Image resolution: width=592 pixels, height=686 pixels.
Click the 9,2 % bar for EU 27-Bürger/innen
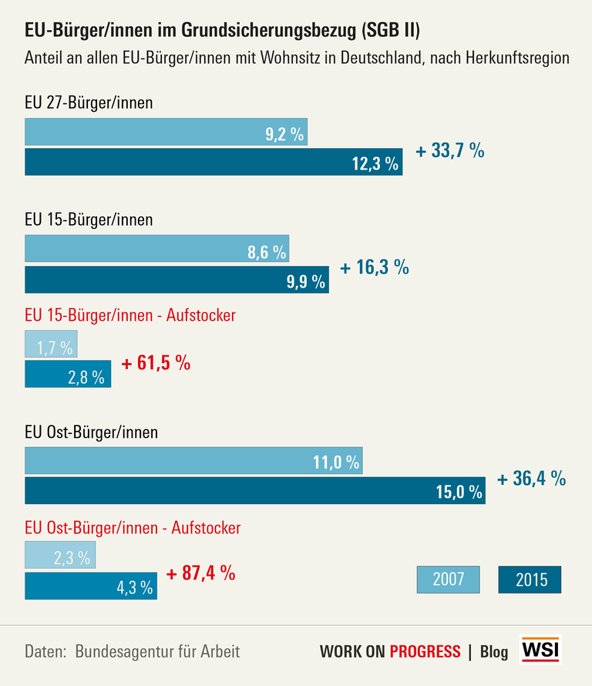pos(166,133)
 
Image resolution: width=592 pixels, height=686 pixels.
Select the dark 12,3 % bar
pos(214,162)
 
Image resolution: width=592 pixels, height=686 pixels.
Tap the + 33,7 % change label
pos(450,151)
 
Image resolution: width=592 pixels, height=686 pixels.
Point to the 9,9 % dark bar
pos(177,279)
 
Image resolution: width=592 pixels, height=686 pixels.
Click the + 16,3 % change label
pos(375,267)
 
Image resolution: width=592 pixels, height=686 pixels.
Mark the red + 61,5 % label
pos(156,363)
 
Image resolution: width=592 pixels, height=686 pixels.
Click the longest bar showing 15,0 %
pos(255,490)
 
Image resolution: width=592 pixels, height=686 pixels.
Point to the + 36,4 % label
pos(532,479)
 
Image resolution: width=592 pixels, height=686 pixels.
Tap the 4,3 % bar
pos(91,586)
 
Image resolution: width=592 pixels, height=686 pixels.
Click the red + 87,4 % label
pos(200,574)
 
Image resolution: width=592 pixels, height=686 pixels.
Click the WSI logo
pos(542,650)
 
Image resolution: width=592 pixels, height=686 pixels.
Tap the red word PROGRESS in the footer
pos(425,651)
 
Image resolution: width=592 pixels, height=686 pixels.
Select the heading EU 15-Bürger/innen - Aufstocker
pos(130,316)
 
